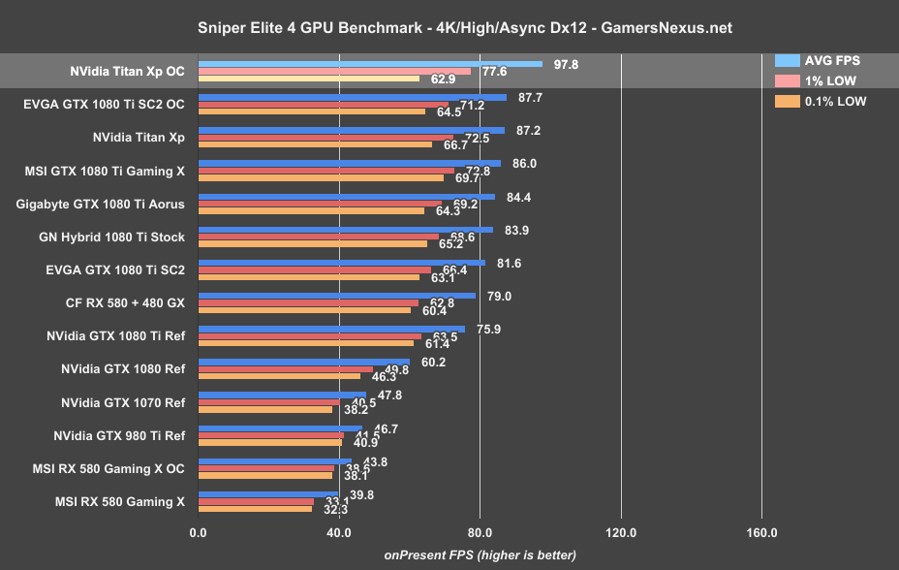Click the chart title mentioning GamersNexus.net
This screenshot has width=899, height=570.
pyautogui.click(x=449, y=28)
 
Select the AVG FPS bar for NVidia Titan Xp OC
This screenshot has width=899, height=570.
pyautogui.click(x=370, y=64)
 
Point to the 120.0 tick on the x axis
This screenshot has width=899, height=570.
pyautogui.click(x=620, y=532)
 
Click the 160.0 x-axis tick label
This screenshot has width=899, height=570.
pyautogui.click(x=761, y=532)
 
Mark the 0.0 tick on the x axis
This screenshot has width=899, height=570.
pyautogui.click(x=198, y=532)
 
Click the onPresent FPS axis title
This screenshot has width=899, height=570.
pyautogui.click(x=480, y=555)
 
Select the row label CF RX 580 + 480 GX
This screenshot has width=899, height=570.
pyautogui.click(x=122, y=301)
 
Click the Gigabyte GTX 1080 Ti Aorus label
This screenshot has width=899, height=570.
pyautogui.click(x=101, y=204)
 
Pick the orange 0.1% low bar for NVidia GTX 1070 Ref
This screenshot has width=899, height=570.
pyautogui.click(x=265, y=409)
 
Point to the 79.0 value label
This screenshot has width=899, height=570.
pyautogui.click(x=499, y=296)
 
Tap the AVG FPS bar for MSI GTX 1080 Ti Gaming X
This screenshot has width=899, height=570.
pyautogui.click(x=350, y=164)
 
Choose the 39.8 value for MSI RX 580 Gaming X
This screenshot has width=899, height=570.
pyautogui.click(x=360, y=494)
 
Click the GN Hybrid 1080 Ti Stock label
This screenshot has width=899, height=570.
pyautogui.click(x=108, y=237)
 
